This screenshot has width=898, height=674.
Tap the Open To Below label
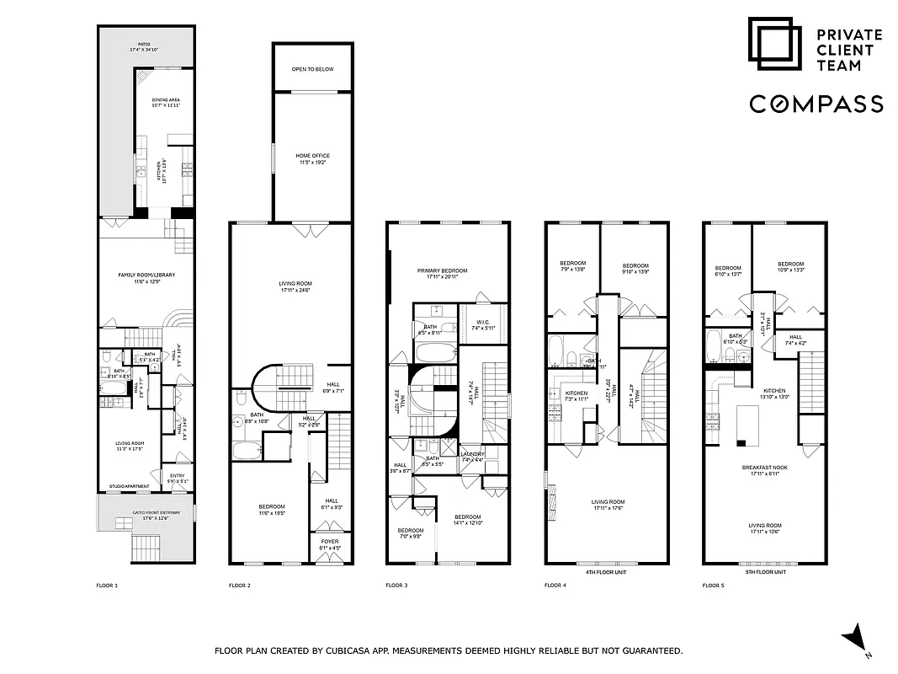(312, 69)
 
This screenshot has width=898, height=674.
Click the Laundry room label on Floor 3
(473, 457)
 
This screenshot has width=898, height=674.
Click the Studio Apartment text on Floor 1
(129, 487)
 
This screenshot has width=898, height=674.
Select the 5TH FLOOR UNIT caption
(766, 572)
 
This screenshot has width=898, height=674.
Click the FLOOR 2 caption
(240, 585)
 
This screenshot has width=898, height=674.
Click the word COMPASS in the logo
(816, 104)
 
